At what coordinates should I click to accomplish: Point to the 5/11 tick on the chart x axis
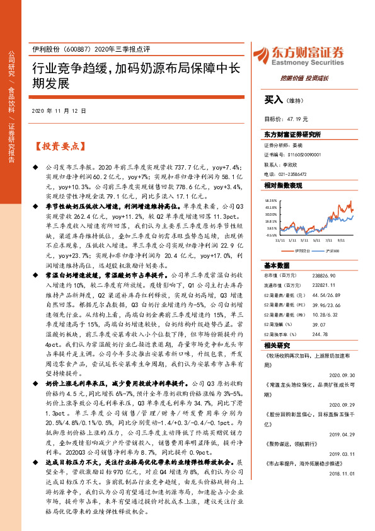pos(304,240)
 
